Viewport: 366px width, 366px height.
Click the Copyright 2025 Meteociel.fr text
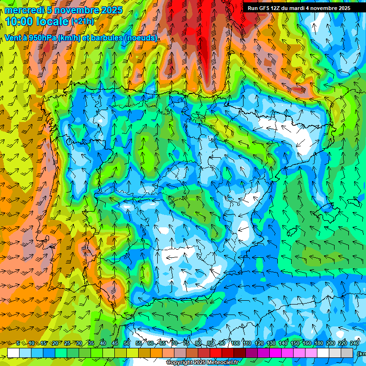pos(202,363)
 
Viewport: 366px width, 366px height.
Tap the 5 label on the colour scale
pos(18,343)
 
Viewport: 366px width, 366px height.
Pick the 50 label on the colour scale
pos(126,343)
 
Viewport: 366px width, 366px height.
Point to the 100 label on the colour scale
pos(235,343)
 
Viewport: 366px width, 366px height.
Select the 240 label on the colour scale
pos(355,343)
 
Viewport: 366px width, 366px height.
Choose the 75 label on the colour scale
pos(186,343)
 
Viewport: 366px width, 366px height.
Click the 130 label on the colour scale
pos(271,343)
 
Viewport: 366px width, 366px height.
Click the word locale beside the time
pos(51,21)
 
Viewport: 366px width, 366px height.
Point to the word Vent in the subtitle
pos(13,38)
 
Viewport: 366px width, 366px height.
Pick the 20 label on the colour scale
pos(55,343)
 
